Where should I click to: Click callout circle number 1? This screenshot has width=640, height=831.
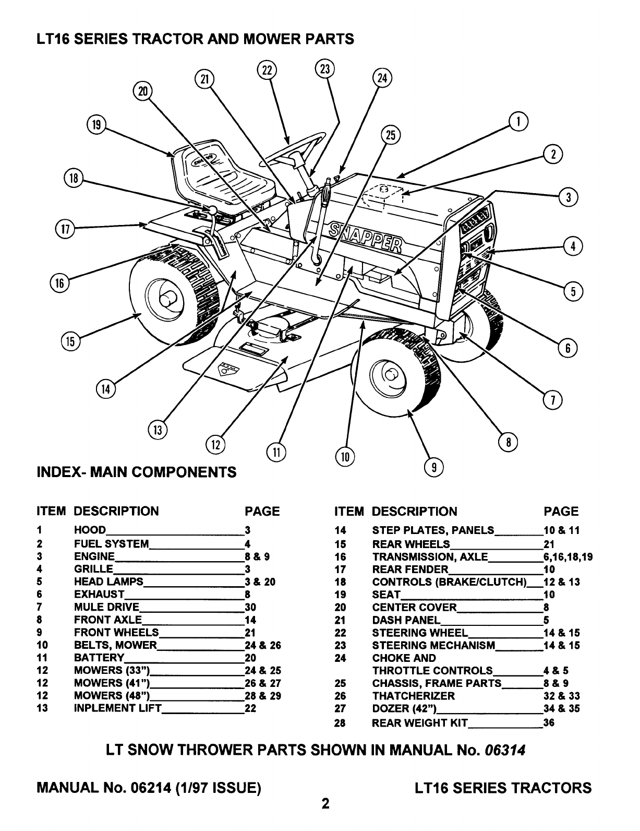[518, 122]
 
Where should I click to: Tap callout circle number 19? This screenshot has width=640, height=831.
[96, 125]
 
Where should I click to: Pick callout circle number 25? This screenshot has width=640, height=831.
[390, 135]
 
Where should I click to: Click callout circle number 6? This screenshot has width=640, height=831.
[568, 348]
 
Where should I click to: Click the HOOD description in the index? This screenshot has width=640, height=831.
[90, 530]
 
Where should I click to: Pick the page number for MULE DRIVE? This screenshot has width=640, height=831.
[250, 607]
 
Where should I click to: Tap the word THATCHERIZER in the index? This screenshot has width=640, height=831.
[413, 696]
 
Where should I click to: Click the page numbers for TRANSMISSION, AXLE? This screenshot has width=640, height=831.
[567, 556]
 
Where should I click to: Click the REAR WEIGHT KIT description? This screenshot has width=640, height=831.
[419, 723]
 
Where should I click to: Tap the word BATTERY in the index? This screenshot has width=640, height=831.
[99, 658]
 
